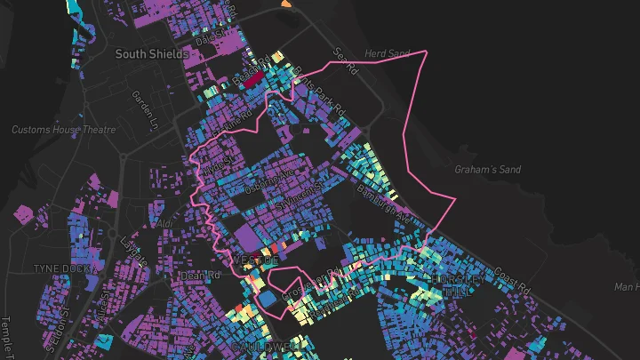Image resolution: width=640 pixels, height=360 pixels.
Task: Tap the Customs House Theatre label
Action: pyautogui.click(x=63, y=130)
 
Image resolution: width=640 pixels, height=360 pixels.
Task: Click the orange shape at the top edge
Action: pyautogui.click(x=285, y=4)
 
